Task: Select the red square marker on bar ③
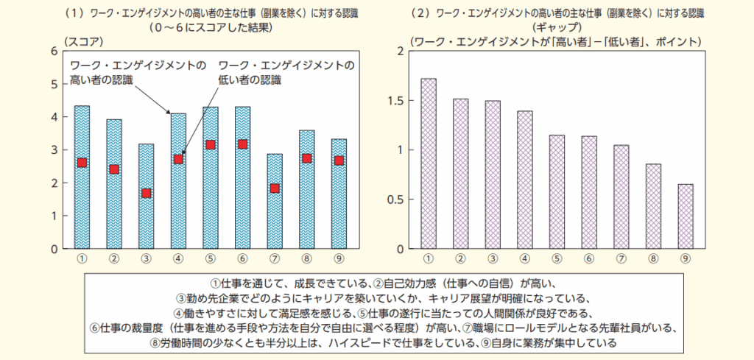pyautogui.click(x=146, y=194)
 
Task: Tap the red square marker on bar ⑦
pyautogui.click(x=274, y=188)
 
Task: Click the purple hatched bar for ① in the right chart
pyautogui.click(x=428, y=163)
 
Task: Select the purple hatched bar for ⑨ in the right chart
pyautogui.click(x=685, y=216)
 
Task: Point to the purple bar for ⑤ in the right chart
pyautogui.click(x=557, y=191)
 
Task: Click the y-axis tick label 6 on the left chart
pyautogui.click(x=53, y=51)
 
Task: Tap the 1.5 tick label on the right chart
pyautogui.click(x=395, y=100)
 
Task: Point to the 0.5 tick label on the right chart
pyautogui.click(x=395, y=200)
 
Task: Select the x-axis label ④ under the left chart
pyautogui.click(x=178, y=258)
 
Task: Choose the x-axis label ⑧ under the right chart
pyautogui.click(x=652, y=258)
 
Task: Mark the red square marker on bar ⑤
pyautogui.click(x=210, y=145)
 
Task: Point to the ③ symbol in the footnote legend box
pyautogui.click(x=181, y=298)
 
